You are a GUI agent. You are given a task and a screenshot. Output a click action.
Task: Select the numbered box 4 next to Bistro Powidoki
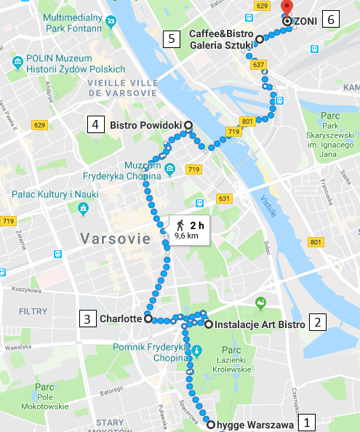95,124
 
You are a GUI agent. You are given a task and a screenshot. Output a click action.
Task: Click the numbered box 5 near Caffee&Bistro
172,39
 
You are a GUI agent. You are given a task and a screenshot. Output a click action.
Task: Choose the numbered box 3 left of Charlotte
87,318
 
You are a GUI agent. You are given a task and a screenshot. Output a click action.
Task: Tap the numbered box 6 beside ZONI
331,20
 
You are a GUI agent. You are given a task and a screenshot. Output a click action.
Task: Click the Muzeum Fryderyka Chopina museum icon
169,169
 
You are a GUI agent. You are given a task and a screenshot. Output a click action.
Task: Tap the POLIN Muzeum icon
17,59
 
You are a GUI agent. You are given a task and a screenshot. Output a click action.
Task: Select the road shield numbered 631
223,199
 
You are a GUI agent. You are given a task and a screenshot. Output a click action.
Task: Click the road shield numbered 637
257,65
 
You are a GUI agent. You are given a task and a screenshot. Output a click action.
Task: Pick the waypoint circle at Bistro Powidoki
188,125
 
